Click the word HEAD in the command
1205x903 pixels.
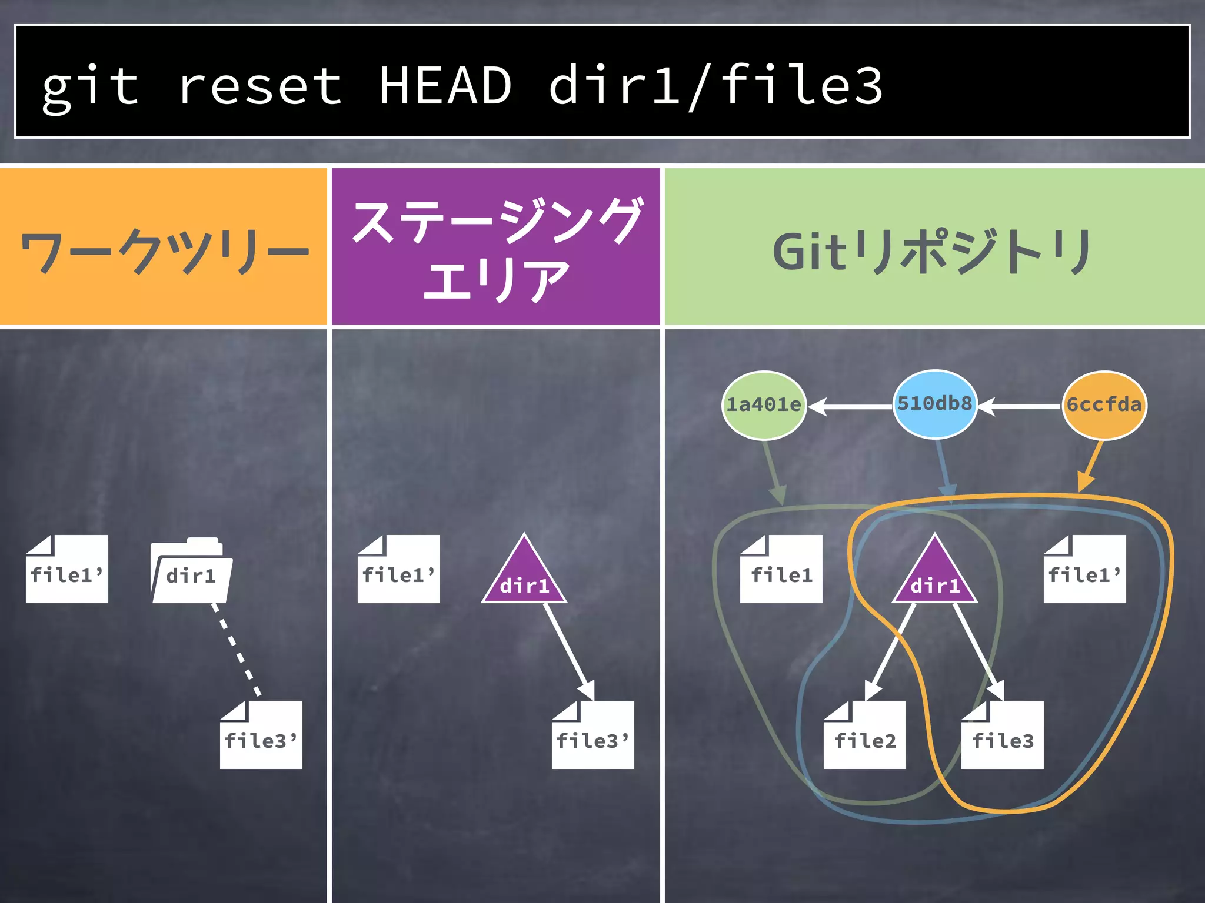click(445, 86)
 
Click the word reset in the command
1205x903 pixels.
click(259, 87)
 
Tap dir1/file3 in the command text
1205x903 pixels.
click(715, 86)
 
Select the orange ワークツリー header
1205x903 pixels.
click(164, 247)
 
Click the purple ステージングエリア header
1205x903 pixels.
click(495, 247)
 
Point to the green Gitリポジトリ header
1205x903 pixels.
click(934, 247)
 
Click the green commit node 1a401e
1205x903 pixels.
click(763, 405)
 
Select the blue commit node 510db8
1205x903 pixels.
click(934, 404)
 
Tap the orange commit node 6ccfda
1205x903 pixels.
click(1104, 405)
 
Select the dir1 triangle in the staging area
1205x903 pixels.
click(524, 577)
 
